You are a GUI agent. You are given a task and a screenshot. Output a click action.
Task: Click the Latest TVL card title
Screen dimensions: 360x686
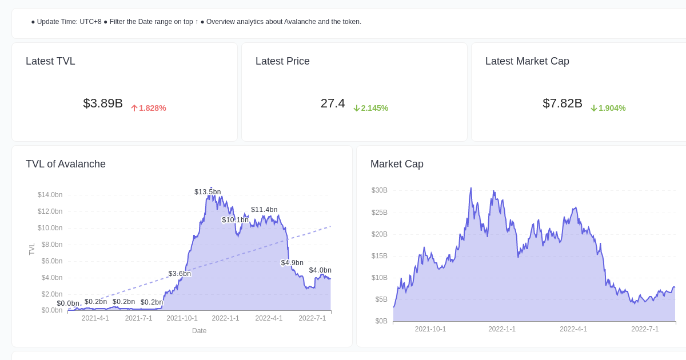[x=50, y=61]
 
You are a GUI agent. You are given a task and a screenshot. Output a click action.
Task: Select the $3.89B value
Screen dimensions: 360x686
[x=103, y=103]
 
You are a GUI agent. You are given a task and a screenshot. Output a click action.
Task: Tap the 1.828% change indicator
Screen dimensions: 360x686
[x=149, y=108]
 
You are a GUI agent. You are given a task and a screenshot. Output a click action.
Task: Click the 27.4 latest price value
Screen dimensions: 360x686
[x=333, y=103]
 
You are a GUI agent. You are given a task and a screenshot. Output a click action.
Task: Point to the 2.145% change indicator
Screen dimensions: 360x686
[x=371, y=108]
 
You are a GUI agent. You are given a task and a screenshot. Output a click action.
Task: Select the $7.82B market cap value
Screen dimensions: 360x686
[x=563, y=103]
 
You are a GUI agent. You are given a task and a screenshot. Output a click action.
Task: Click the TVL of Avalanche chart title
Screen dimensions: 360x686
[x=66, y=164]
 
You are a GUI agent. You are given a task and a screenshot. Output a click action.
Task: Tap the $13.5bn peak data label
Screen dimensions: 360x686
[x=208, y=192]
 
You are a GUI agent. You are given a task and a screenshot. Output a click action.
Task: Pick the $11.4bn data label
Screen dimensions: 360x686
[x=264, y=210]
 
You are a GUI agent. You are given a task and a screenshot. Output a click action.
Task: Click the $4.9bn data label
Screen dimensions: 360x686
[x=292, y=263]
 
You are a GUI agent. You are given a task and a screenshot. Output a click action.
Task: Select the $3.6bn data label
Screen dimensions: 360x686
[x=180, y=274]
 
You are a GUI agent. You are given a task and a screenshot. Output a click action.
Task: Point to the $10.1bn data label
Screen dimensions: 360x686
[x=236, y=220]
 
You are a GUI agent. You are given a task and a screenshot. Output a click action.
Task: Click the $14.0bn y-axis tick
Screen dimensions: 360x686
[x=50, y=195]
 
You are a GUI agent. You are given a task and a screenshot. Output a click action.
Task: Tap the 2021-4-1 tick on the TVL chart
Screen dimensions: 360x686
[x=95, y=318]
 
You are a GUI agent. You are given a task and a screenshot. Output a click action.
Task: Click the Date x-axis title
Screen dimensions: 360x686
[x=199, y=331]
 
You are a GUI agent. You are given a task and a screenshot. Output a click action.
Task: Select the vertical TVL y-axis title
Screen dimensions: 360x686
[x=32, y=249]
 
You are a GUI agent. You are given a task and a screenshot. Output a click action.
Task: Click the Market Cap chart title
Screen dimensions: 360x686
[x=397, y=164]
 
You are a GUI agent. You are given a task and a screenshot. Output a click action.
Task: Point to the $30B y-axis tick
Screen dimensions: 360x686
[x=380, y=190]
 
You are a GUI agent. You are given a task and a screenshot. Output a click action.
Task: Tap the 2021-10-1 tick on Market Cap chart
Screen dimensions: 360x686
[x=430, y=329]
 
